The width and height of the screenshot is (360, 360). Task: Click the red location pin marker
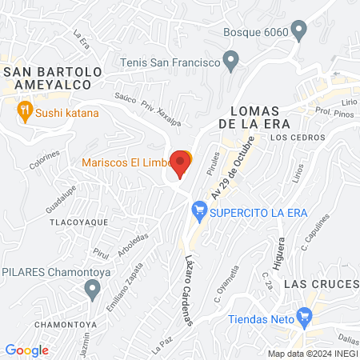click(x=180, y=165)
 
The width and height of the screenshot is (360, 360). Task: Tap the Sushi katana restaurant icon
click(x=25, y=113)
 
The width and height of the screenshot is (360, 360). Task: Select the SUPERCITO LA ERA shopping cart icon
click(x=198, y=213)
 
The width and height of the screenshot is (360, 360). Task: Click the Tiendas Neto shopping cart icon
click(x=303, y=318)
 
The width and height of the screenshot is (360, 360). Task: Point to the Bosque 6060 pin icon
click(x=300, y=33)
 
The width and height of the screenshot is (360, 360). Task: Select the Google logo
click(x=27, y=350)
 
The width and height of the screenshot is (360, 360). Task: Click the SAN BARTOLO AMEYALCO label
click(x=53, y=78)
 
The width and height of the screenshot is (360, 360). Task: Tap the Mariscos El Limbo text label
click(x=124, y=163)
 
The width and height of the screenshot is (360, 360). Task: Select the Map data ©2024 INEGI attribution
click(x=311, y=353)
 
